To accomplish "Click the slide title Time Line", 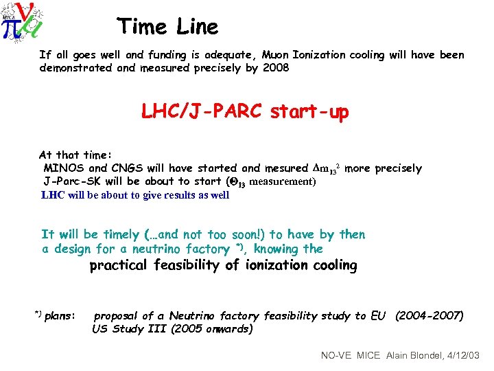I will (x=168, y=27).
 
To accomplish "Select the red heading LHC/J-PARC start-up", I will (x=245, y=111).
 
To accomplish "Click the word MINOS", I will (x=64, y=168).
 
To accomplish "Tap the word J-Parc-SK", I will (x=71, y=181).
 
